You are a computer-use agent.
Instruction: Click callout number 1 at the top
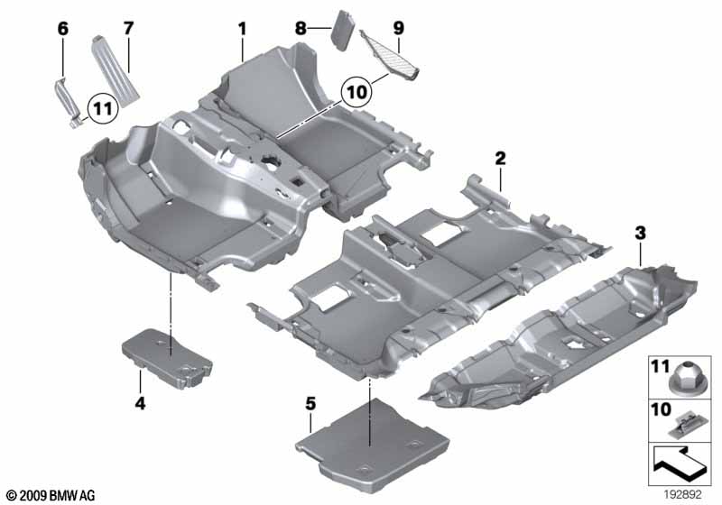point(242,29)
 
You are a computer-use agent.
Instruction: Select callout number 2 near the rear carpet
point(499,159)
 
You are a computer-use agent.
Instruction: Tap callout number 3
point(640,234)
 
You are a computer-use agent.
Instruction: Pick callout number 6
point(62,29)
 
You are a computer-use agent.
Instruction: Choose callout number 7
point(128,29)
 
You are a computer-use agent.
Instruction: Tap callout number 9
point(398,29)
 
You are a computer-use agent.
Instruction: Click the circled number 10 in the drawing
point(356,90)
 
